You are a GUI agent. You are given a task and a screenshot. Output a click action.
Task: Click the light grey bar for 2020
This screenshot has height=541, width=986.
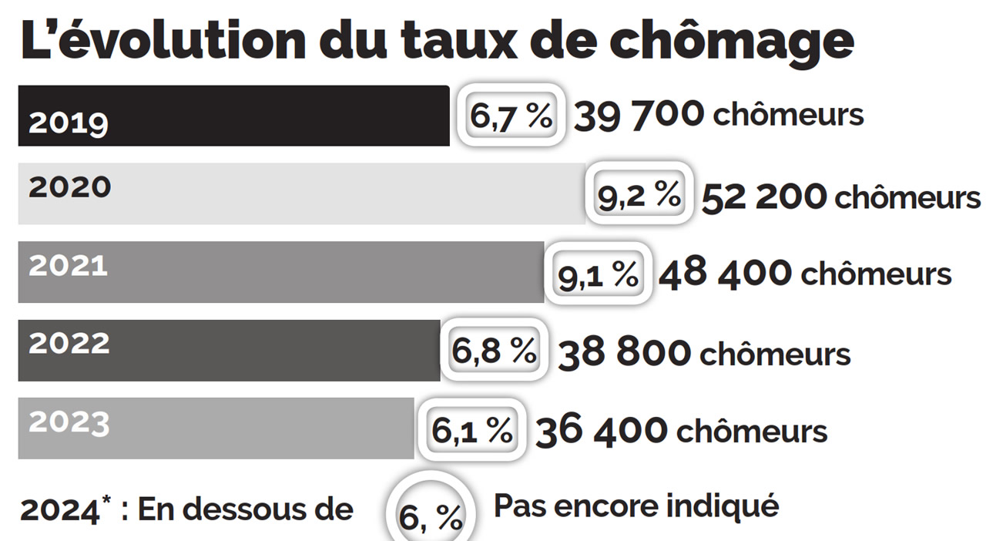(x=301, y=194)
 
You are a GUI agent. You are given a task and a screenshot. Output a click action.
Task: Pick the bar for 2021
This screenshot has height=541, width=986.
(x=281, y=272)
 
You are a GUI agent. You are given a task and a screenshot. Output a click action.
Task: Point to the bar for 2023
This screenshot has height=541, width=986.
(x=216, y=428)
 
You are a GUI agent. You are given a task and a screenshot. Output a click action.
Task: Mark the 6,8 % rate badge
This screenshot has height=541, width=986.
(x=494, y=351)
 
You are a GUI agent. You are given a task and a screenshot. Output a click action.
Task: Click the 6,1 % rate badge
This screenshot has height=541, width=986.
(x=471, y=429)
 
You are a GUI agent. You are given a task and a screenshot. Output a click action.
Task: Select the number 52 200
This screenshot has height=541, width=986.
(x=764, y=197)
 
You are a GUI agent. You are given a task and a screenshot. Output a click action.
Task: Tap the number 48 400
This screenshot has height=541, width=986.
(x=725, y=273)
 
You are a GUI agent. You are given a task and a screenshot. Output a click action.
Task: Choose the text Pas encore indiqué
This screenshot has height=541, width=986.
(x=636, y=507)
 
